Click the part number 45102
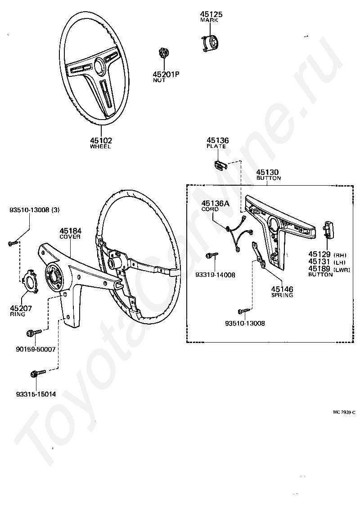tap(100, 140)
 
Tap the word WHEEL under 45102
tap(100, 147)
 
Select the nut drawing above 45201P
tap(164, 53)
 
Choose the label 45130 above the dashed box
tap(267, 172)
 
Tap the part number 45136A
tap(215, 204)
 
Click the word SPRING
tap(282, 295)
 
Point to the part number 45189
tap(319, 268)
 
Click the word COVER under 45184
tap(70, 237)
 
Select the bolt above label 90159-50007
tap(34, 333)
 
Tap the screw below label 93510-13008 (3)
tap(12, 243)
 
